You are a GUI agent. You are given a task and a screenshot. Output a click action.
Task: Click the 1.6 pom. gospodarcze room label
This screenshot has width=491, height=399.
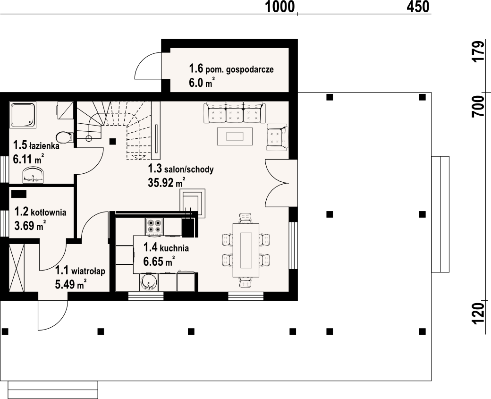[x=231, y=68]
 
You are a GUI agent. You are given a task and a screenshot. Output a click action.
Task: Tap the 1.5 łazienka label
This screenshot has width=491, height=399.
[x=36, y=145]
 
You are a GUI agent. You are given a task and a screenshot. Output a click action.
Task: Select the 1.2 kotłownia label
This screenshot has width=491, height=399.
[x=41, y=212]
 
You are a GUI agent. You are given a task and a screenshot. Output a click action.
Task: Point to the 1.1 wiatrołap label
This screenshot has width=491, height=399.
[x=80, y=271]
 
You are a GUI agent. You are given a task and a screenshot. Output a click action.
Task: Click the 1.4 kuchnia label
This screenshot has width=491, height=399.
[x=166, y=248]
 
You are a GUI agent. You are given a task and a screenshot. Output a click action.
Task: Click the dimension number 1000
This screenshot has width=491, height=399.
[x=280, y=7]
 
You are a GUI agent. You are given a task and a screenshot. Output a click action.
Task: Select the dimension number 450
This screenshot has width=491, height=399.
[x=418, y=7]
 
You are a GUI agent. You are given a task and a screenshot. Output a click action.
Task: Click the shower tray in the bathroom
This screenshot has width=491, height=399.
[x=23, y=115]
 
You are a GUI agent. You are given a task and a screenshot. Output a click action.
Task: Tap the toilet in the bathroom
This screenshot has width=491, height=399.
[x=65, y=137]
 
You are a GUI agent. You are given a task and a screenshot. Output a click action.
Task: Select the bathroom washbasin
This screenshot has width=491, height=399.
[x=34, y=175]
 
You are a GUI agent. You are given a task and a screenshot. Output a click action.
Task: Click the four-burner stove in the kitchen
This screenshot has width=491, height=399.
[x=154, y=227]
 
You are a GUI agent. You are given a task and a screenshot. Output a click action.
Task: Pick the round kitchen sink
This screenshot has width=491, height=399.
[x=147, y=282]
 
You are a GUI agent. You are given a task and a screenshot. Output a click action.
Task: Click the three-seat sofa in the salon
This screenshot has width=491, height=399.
[x=235, y=113]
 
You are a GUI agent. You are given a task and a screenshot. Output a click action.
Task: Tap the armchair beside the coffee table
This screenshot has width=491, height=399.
[x=277, y=137]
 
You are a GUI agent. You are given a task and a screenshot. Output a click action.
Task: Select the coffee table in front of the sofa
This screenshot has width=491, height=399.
[x=235, y=136]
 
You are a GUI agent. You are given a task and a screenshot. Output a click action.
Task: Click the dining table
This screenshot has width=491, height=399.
[x=246, y=250]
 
